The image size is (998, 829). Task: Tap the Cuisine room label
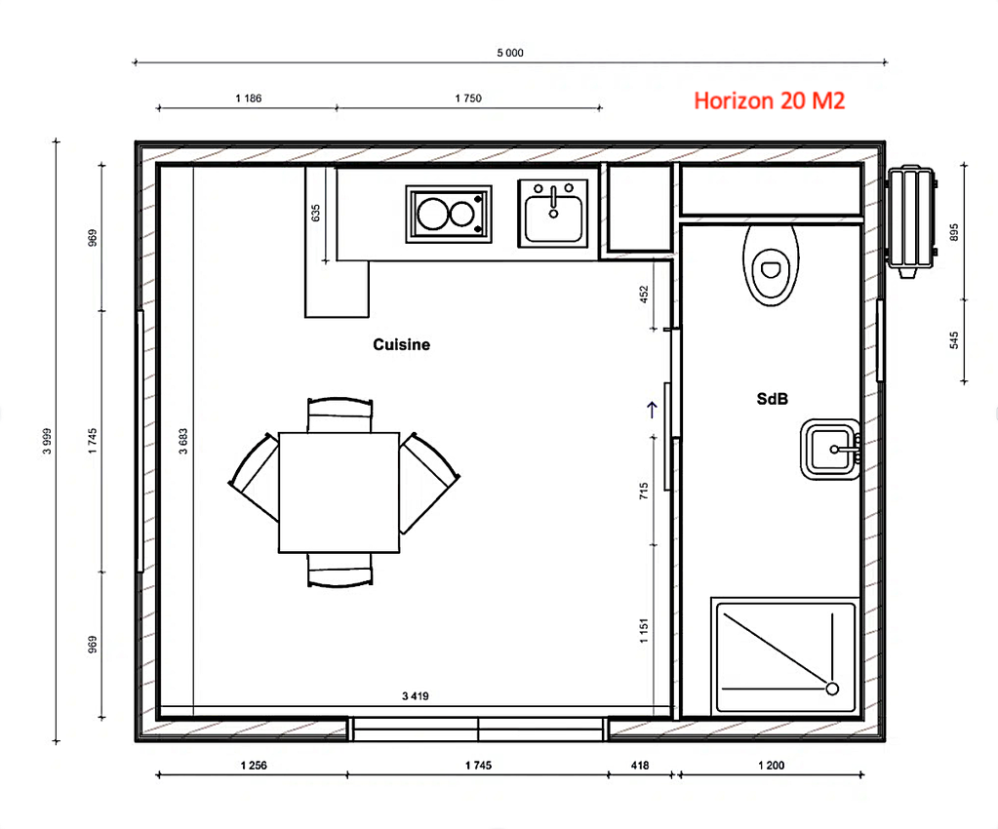[401, 344]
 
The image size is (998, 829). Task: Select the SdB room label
[772, 399]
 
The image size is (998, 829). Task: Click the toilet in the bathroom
[771, 263]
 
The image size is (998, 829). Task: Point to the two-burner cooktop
[449, 214]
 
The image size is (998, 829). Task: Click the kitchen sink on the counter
[553, 214]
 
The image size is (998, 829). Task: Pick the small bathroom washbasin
[830, 450]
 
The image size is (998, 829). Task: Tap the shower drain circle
[832, 689]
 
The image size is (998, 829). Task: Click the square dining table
[339, 492]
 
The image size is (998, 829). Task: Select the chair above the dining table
[339, 413]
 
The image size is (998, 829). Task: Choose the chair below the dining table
[339, 571]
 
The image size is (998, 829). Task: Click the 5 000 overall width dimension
[510, 53]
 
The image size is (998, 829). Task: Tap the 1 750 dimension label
[468, 98]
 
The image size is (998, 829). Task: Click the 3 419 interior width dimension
[416, 696]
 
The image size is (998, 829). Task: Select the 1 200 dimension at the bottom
[771, 766]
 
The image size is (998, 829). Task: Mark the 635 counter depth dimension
[315, 213]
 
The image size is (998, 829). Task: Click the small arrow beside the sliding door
[653, 409]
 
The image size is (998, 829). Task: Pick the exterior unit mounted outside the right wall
[912, 221]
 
